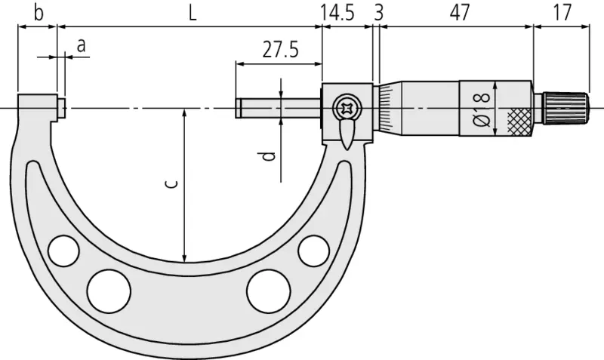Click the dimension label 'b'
(39, 13)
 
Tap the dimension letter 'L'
(193, 14)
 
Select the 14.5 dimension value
(337, 13)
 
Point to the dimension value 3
(379, 13)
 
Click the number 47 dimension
(460, 13)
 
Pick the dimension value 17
(562, 13)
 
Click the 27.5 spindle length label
(280, 50)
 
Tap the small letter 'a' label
(81, 46)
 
